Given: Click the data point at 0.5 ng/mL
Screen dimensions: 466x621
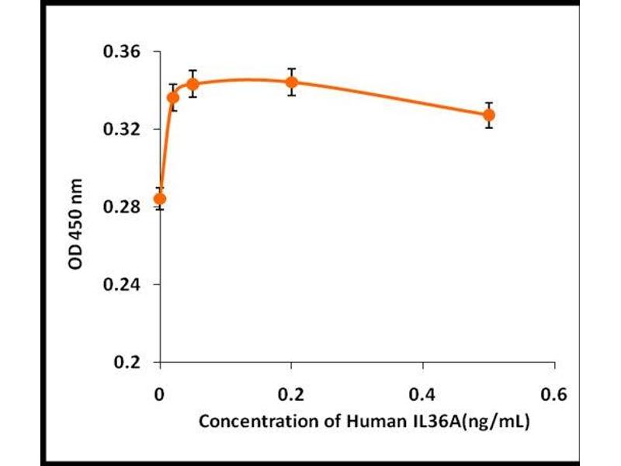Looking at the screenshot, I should coord(488,115).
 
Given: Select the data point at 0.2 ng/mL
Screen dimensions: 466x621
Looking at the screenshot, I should coord(291,82).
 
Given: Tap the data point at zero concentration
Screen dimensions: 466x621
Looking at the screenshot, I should coord(160,199).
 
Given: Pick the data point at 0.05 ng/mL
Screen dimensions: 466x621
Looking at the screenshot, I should coord(193,84).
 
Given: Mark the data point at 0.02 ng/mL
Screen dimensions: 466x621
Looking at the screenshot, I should coord(173,97).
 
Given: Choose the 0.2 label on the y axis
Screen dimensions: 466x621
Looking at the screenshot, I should coord(128,363).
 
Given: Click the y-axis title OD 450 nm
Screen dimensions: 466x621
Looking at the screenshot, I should coord(76,225).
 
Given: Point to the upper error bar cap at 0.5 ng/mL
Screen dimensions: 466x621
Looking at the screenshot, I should coord(488,103).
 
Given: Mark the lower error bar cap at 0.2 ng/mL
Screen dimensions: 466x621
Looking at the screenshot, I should coord(291,95).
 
